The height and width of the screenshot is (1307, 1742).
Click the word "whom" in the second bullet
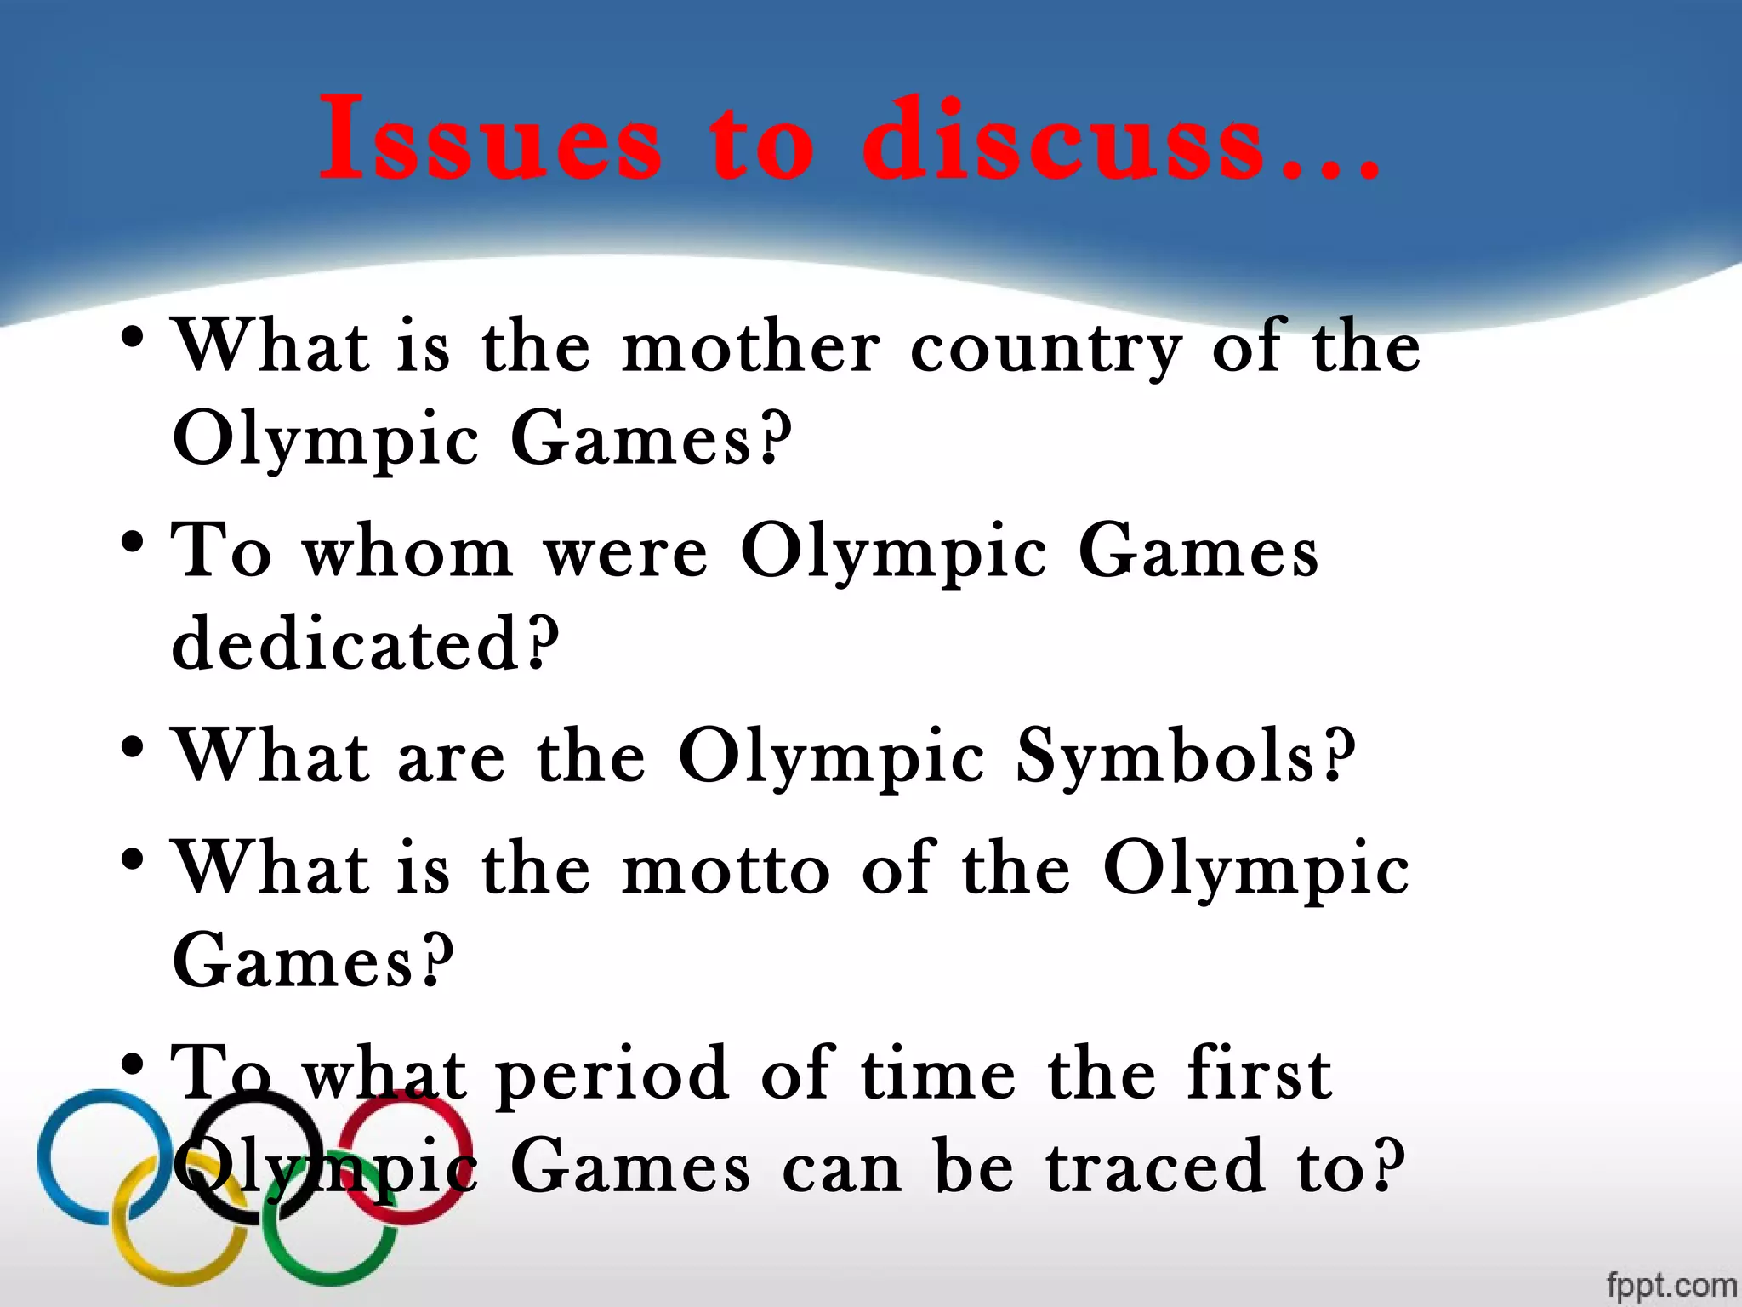point(408,551)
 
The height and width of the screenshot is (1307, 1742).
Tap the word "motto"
point(726,870)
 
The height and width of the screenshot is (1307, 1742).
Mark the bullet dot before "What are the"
point(132,747)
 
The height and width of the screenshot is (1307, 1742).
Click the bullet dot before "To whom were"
point(132,541)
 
